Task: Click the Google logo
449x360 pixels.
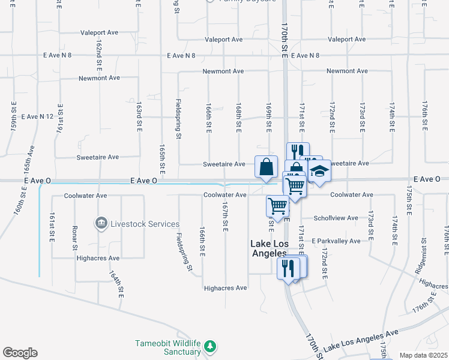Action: coord(20,353)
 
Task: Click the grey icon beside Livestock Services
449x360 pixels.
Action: coord(101,224)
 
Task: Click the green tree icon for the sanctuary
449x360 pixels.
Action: coord(210,346)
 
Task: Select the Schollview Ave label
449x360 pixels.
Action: coord(336,218)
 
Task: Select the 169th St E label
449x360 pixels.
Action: coord(269,118)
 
